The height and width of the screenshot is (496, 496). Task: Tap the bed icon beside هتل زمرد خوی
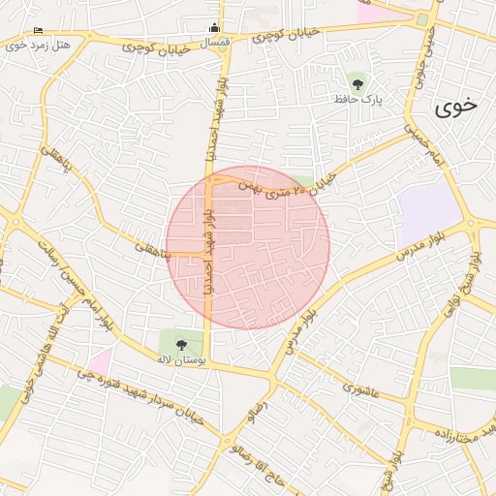[38, 31]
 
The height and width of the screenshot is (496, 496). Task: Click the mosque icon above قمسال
[214, 27]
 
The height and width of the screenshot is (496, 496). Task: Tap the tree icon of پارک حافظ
[357, 82]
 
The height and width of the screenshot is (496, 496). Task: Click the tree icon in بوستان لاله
[181, 342]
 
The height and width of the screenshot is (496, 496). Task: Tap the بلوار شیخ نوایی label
[476, 282]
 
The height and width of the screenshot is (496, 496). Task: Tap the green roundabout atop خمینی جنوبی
[422, 18]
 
